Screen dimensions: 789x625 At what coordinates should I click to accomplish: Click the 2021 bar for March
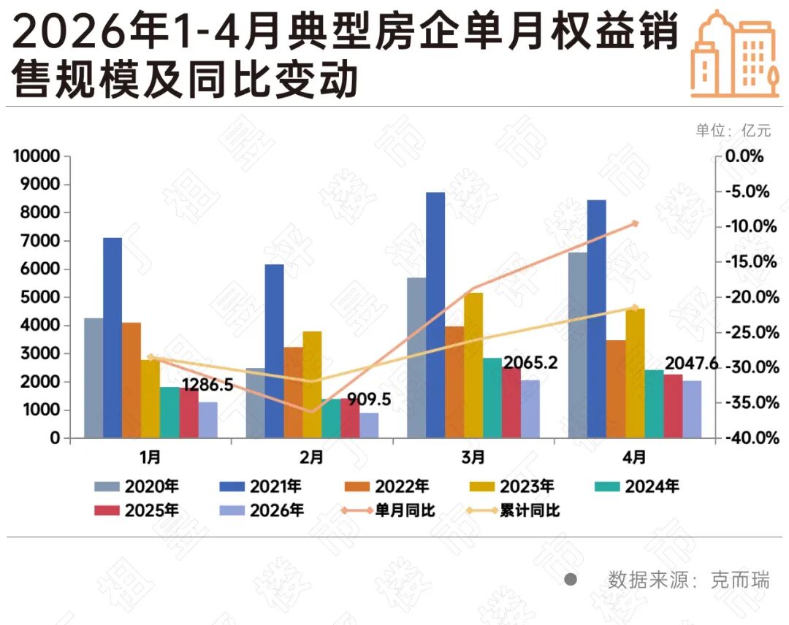tap(435, 315)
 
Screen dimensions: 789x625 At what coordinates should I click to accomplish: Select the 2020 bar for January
tap(94, 377)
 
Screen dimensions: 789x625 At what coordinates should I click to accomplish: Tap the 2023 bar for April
tap(635, 373)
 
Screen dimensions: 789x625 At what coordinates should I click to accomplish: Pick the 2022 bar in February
tap(294, 392)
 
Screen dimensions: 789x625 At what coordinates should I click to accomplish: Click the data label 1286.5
tap(207, 385)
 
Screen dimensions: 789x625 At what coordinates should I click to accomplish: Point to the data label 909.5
tap(369, 399)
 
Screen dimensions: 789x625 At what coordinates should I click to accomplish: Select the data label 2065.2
tap(531, 363)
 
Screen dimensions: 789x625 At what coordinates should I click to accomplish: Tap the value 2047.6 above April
tap(692, 363)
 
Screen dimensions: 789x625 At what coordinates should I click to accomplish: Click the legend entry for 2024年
tap(636, 486)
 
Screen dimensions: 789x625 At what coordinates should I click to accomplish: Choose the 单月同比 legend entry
tap(388, 510)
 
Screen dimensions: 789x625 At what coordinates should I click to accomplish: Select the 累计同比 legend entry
tap(513, 510)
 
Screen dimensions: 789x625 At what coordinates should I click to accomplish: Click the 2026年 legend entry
tap(262, 510)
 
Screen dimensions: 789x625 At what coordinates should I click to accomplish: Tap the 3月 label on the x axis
tap(473, 457)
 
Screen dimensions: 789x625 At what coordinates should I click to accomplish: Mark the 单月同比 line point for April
tap(635, 223)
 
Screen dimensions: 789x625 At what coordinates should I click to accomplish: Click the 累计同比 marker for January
tap(150, 357)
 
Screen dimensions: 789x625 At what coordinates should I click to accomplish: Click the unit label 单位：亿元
tap(733, 131)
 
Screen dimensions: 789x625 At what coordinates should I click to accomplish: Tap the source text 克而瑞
tap(739, 580)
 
